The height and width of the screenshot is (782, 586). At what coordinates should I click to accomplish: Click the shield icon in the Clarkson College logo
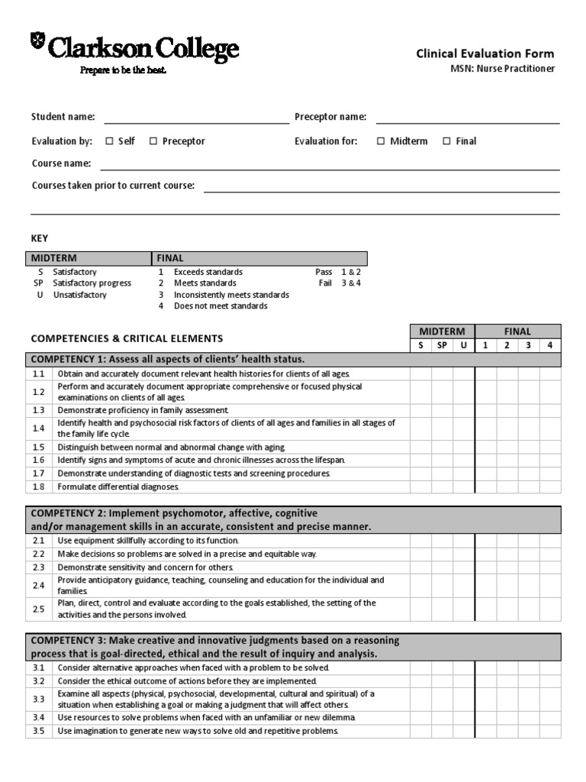(x=37, y=43)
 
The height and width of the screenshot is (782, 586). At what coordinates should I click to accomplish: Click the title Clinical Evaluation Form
(x=485, y=53)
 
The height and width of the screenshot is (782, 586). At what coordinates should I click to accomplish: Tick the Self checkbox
(x=109, y=141)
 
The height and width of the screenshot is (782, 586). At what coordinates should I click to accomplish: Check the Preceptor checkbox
(x=153, y=141)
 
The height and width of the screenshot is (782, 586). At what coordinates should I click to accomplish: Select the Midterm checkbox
(x=381, y=141)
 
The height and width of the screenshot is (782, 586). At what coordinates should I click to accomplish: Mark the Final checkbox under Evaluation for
(x=446, y=141)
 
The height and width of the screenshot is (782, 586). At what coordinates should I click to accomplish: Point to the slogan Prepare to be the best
(x=123, y=70)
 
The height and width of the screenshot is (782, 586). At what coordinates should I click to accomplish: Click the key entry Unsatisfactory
(x=80, y=295)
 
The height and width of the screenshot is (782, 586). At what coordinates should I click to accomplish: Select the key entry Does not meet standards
(x=221, y=306)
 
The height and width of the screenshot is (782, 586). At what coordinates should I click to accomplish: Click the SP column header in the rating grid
(x=441, y=345)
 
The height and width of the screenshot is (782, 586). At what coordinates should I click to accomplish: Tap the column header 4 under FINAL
(x=549, y=345)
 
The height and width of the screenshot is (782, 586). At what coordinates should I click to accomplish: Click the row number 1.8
(x=39, y=486)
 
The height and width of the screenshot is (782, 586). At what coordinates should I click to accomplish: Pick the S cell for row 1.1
(x=420, y=374)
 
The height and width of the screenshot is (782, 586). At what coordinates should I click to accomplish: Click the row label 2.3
(x=39, y=567)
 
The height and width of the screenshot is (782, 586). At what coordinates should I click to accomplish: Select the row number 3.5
(x=39, y=731)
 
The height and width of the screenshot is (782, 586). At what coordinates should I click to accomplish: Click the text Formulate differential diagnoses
(x=118, y=486)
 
